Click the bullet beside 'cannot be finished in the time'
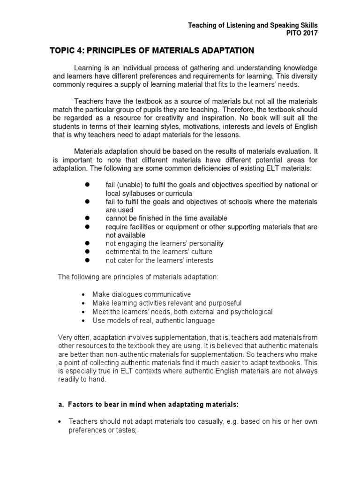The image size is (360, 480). (87, 218)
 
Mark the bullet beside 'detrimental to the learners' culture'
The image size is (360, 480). (87, 252)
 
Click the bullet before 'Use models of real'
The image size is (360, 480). (83, 321)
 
